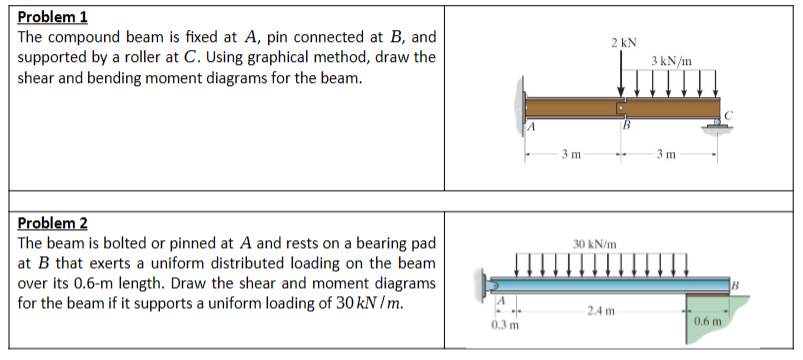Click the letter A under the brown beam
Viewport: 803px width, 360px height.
pos(534,126)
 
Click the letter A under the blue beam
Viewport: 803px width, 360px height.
pos(503,299)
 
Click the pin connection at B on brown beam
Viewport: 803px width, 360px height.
pos(621,105)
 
